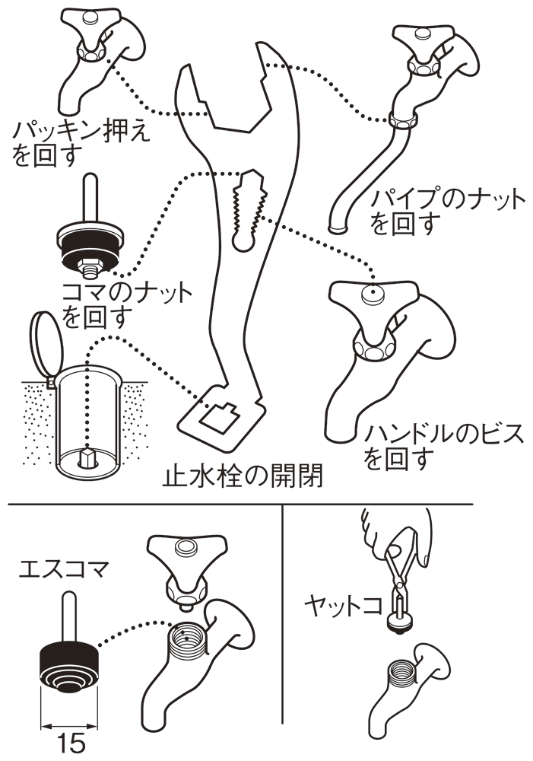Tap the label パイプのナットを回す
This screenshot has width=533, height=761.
[x=447, y=212]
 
